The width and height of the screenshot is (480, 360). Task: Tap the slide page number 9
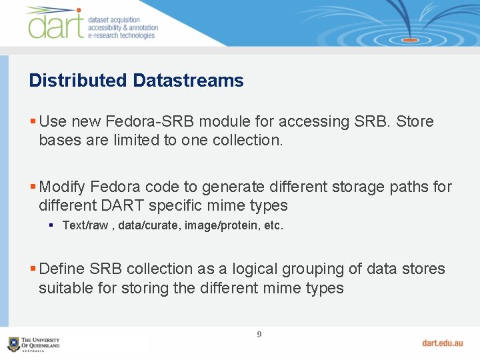259,334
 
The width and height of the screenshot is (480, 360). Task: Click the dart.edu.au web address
442,343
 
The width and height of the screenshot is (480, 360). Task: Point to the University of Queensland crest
13,344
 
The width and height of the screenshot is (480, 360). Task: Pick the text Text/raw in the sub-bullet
85,225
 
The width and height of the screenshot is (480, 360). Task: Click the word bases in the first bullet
58,140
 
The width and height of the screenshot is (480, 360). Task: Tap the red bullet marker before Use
33,121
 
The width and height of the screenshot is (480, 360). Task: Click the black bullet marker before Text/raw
51,225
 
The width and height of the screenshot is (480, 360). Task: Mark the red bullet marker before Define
33,269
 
